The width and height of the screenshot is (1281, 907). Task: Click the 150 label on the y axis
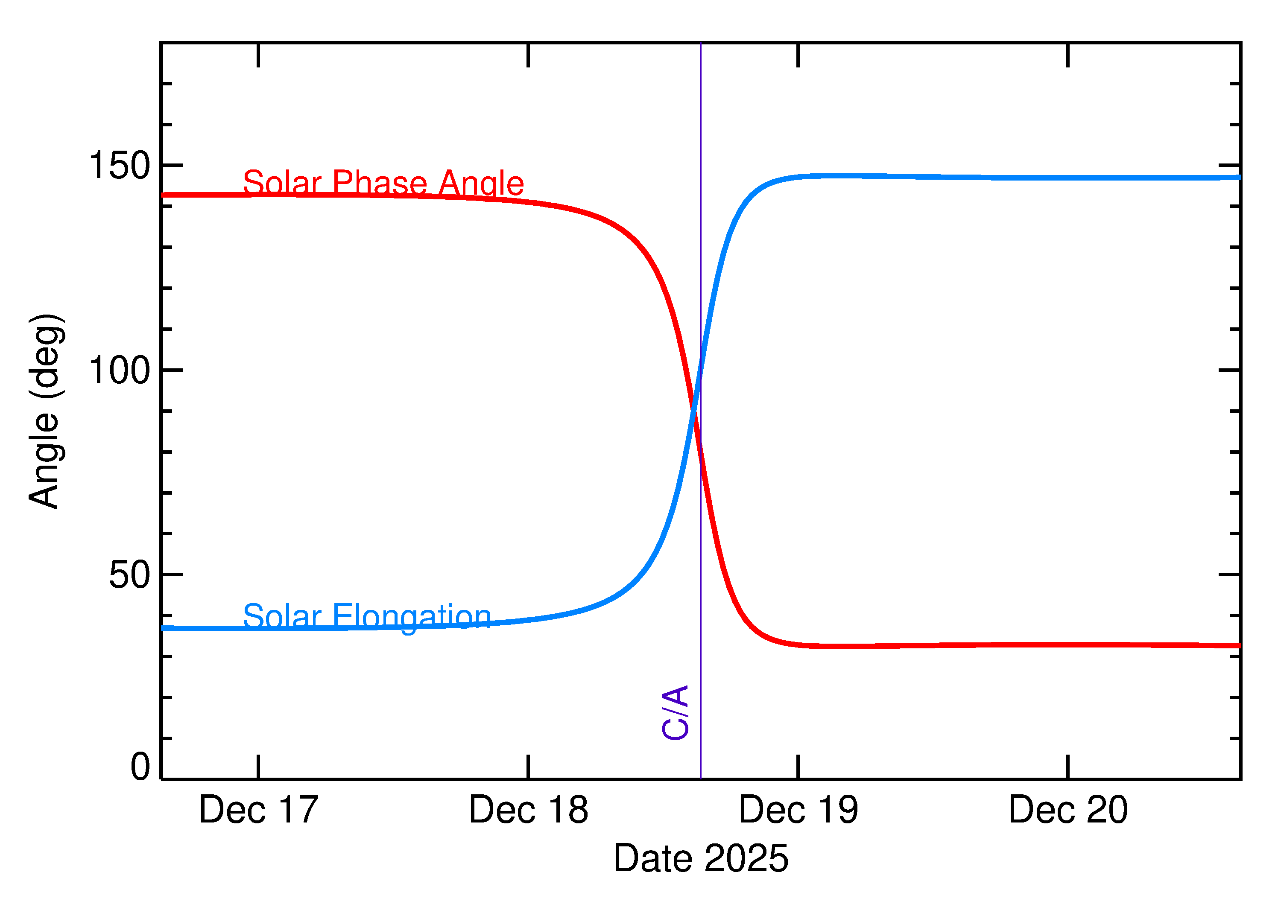120,166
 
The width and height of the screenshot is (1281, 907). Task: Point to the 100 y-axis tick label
120,370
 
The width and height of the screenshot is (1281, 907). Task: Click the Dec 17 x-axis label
259,811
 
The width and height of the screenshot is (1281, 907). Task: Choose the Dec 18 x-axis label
529,811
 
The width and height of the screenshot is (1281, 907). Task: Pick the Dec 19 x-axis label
798,811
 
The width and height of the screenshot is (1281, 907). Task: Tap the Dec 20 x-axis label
1068,811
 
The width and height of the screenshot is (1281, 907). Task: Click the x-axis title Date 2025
701,858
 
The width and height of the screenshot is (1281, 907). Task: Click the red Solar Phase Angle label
383,183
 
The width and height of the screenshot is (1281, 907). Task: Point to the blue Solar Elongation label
367,617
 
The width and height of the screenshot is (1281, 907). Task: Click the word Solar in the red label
282,183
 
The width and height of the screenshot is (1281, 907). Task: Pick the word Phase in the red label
380,183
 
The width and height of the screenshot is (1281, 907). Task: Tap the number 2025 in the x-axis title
746,858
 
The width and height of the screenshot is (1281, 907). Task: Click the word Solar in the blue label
282,617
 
